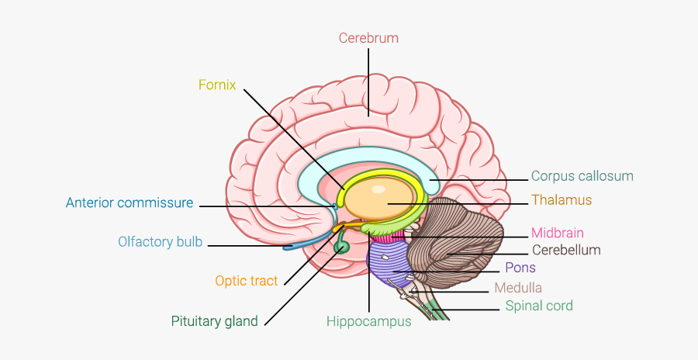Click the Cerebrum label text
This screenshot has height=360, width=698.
[x=368, y=37]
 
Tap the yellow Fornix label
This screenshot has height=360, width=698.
[x=217, y=85]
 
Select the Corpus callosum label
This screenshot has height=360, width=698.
[x=582, y=176]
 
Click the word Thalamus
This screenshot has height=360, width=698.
[x=562, y=200]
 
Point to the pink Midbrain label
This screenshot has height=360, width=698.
[x=557, y=233]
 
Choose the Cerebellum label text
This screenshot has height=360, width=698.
[x=566, y=250]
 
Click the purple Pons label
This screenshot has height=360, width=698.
[x=520, y=268]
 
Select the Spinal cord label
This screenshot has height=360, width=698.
[x=539, y=306]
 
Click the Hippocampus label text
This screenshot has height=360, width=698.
[x=368, y=321]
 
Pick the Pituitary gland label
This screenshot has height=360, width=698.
[x=214, y=321]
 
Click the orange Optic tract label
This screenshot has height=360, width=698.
[x=246, y=281]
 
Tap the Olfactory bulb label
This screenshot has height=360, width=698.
[x=160, y=242]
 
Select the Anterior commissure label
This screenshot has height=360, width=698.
[x=129, y=203]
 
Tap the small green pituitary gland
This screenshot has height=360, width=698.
[x=342, y=248]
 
